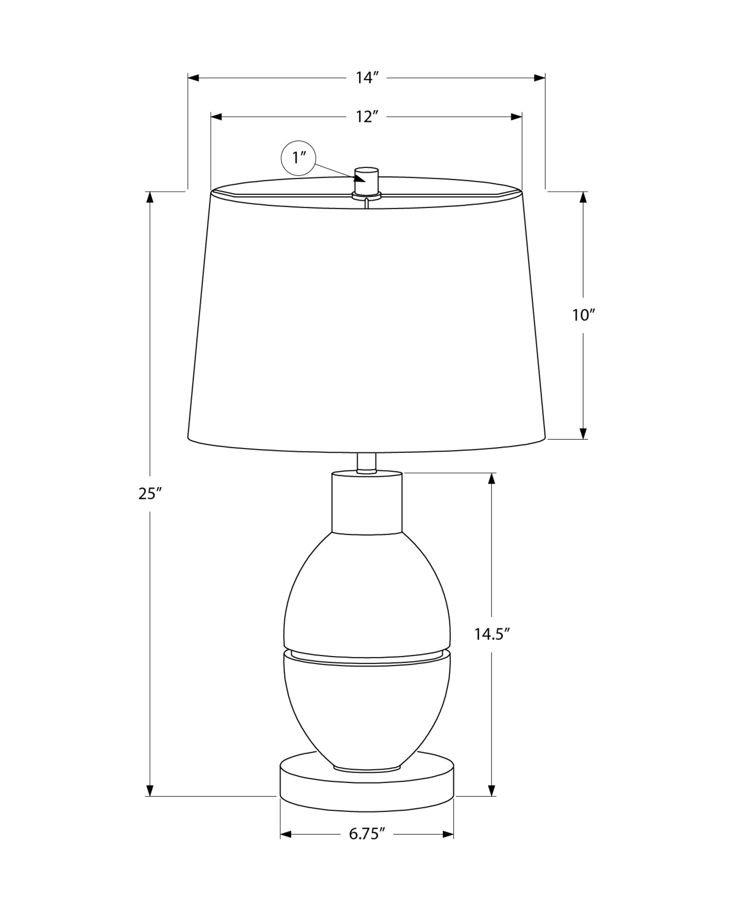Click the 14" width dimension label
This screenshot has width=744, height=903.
click(366, 78)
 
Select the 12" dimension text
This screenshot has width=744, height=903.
click(366, 116)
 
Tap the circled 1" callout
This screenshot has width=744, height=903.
click(298, 158)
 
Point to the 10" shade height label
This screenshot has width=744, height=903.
click(584, 315)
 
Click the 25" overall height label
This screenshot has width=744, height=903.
click(150, 494)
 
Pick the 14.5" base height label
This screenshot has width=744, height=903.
click(492, 634)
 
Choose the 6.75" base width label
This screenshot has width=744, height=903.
click(367, 833)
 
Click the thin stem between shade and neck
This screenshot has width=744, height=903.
click(366, 462)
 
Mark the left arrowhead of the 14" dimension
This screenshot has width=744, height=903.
click(194, 78)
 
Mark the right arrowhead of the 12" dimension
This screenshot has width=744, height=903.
click(516, 116)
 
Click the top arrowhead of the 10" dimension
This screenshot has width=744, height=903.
click(584, 198)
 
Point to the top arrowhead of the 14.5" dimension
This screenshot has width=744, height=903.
click(492, 479)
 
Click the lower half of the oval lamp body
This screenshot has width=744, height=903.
click(367, 713)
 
